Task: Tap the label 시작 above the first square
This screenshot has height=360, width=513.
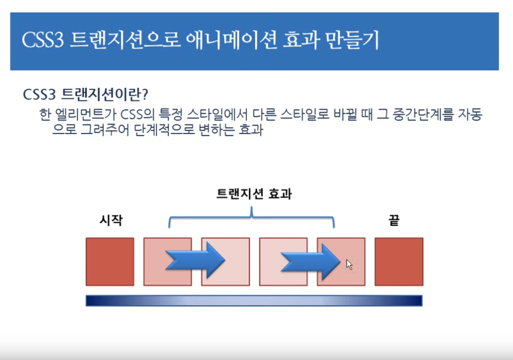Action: pyautogui.click(x=110, y=221)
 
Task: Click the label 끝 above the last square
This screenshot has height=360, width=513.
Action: pyautogui.click(x=393, y=221)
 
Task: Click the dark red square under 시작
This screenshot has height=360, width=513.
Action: pyautogui.click(x=110, y=261)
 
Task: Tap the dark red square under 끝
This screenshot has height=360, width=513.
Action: pyautogui.click(x=399, y=261)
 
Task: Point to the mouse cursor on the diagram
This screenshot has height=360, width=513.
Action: pyautogui.click(x=349, y=264)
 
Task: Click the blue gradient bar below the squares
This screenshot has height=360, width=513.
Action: pyautogui.click(x=254, y=300)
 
